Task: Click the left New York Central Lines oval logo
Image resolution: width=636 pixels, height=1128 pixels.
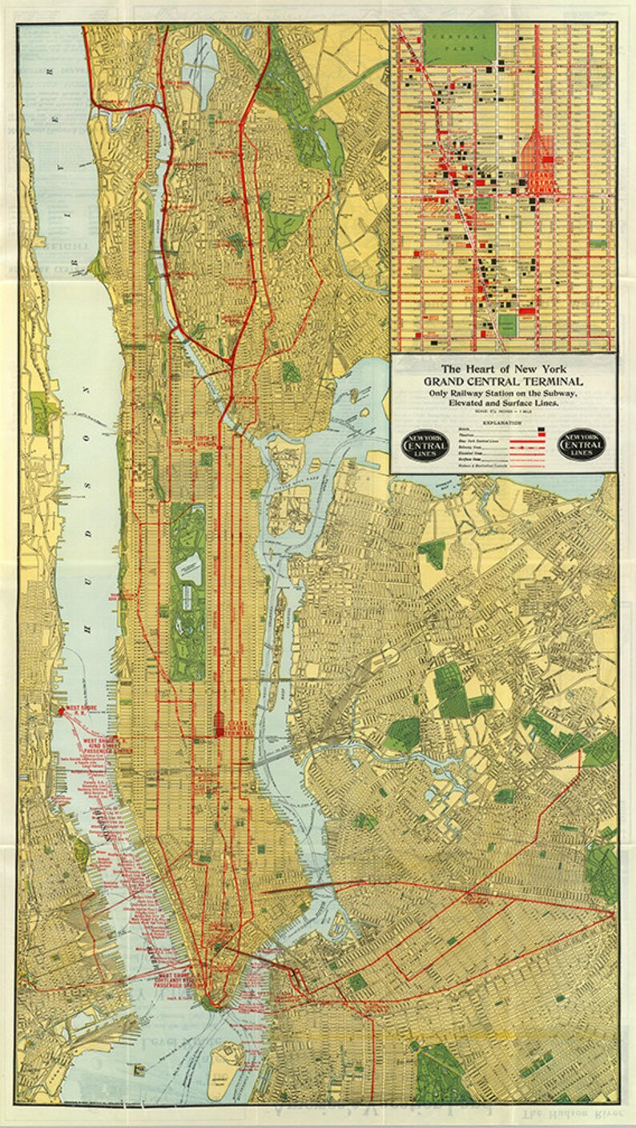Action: tap(425, 445)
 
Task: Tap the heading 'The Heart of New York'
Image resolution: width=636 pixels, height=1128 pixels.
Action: tap(503, 369)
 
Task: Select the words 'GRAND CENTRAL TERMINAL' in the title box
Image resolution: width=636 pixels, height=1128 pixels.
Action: tap(503, 382)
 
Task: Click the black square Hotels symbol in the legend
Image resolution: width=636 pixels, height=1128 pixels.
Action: tap(542, 430)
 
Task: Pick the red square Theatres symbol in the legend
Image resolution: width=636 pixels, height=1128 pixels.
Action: tap(542, 437)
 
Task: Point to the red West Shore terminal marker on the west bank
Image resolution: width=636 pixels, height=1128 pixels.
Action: tap(59, 710)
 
